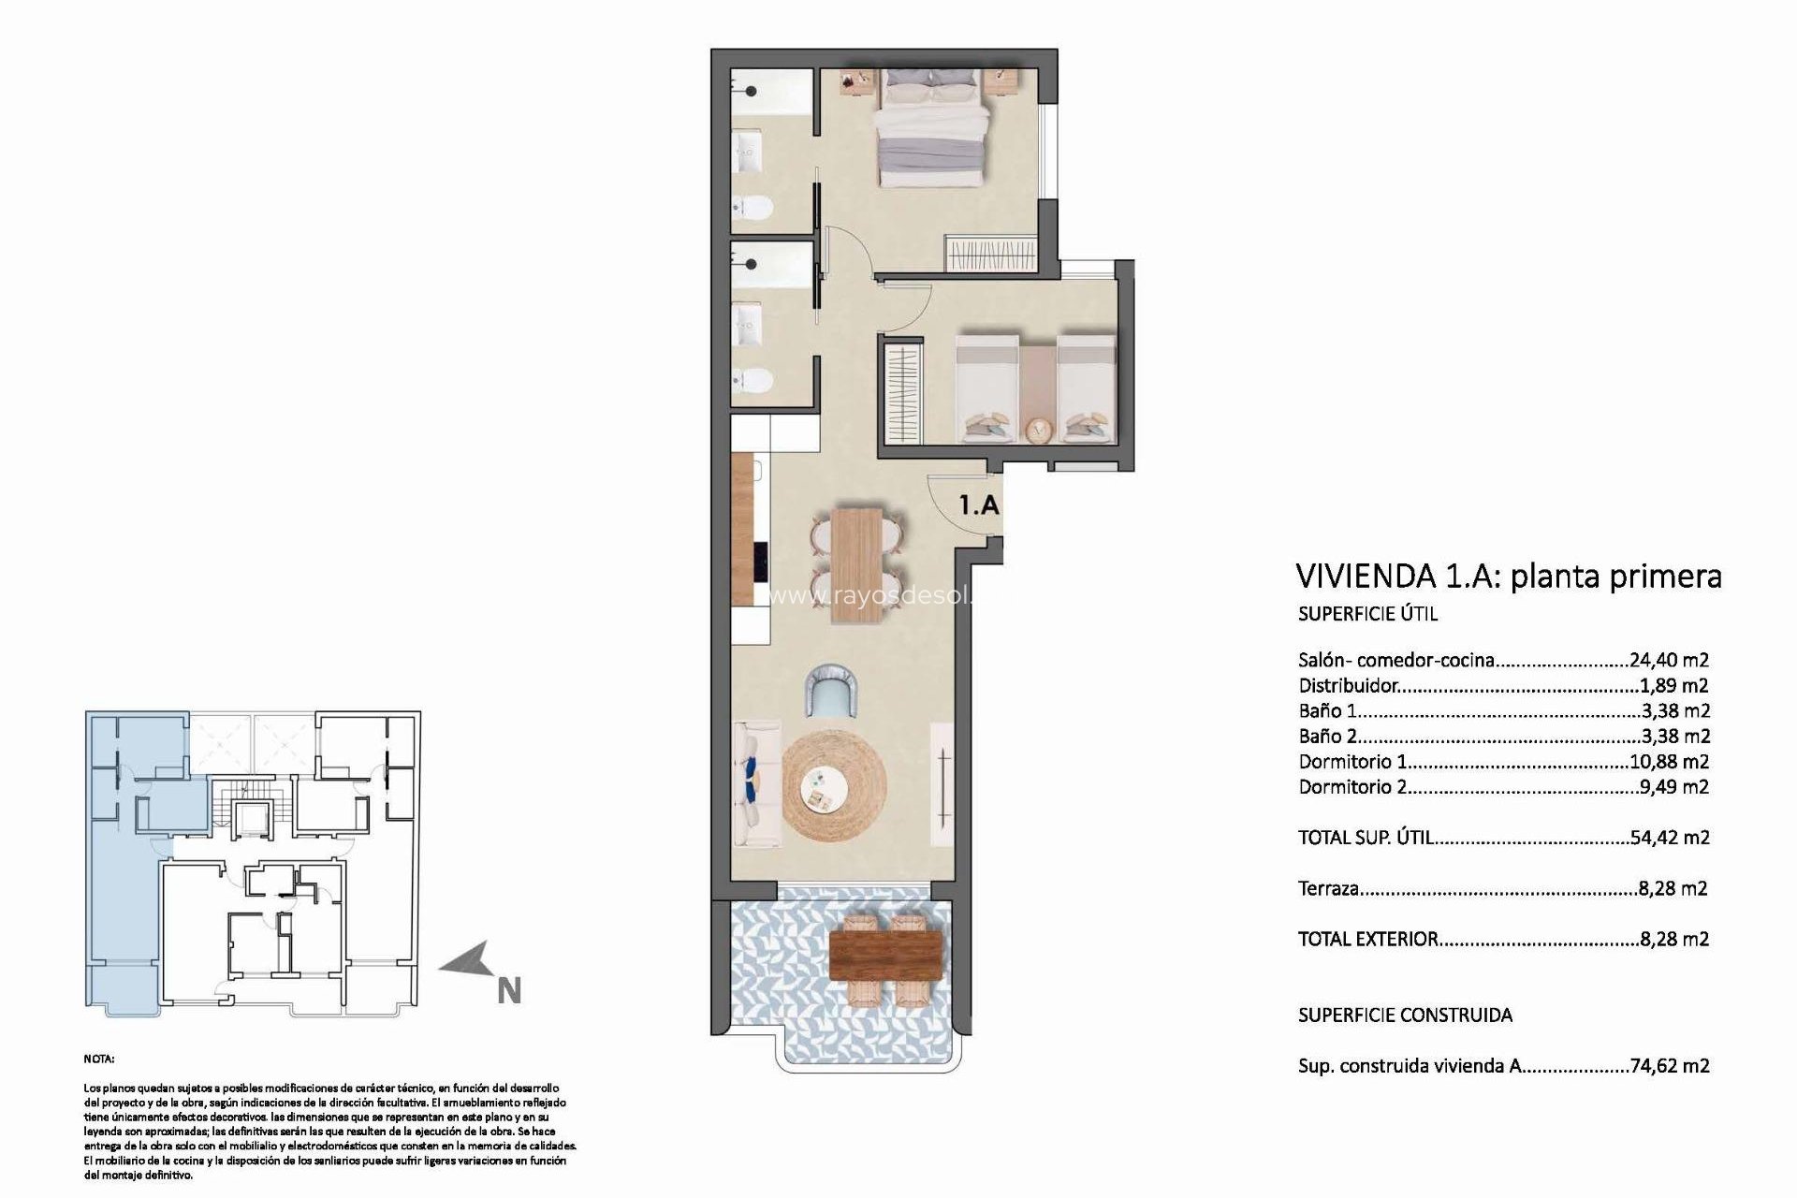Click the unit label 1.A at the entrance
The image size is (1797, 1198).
pyautogui.click(x=979, y=506)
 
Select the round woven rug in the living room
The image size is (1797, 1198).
pyautogui.click(x=833, y=788)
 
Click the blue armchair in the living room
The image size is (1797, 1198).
pyautogui.click(x=831, y=691)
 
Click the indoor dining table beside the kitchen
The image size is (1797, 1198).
pyautogui.click(x=857, y=563)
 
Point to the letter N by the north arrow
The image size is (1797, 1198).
pyautogui.click(x=509, y=991)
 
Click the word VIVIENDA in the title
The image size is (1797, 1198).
pyautogui.click(x=1363, y=576)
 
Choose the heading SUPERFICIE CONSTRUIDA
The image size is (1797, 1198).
pyautogui.click(x=1405, y=1015)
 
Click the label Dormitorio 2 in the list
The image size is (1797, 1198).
pyautogui.click(x=1351, y=787)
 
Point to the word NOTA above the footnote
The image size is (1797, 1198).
pyautogui.click(x=98, y=1059)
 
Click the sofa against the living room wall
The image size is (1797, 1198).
pyautogui.click(x=755, y=784)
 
